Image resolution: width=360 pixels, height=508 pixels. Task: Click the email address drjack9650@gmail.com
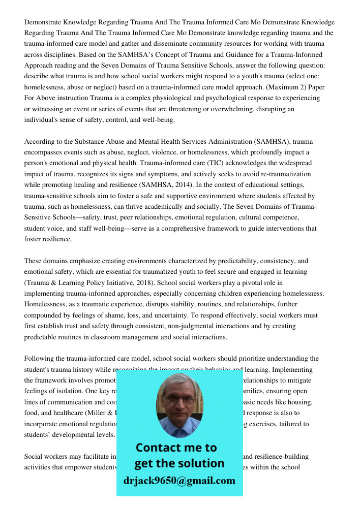tap(179, 481)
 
